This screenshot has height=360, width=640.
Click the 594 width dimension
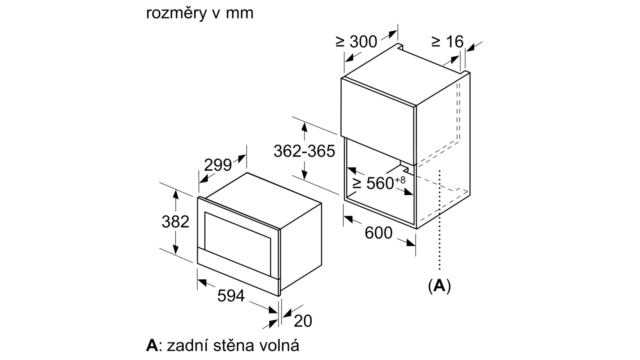tap(231, 296)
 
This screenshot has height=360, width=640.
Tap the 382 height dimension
tap(176, 222)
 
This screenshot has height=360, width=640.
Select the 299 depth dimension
tap(218, 165)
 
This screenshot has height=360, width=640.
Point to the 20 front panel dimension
tap(303, 321)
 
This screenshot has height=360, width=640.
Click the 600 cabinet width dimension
tap(378, 233)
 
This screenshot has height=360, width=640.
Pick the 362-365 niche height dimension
tap(304, 151)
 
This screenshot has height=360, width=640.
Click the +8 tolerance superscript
tap(400, 180)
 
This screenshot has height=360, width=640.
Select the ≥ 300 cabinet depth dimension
tap(356, 42)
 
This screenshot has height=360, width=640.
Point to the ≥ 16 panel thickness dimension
tap(447, 42)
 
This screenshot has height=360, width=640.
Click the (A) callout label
tap(440, 286)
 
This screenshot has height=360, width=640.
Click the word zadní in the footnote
tap(186, 345)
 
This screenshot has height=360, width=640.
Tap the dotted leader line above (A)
tap(440, 220)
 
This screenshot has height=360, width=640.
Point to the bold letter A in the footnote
tap(152, 346)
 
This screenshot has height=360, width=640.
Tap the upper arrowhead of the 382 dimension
tap(176, 194)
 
